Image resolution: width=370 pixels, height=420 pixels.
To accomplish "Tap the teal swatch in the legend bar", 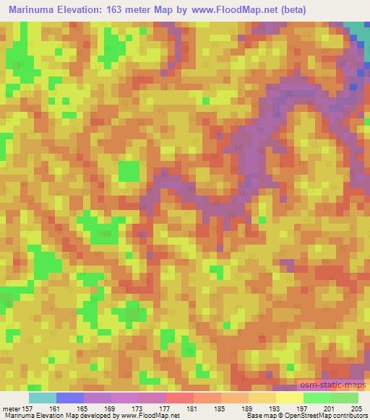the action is [x=43, y=398].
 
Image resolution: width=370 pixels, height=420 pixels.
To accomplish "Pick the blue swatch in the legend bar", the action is [x=70, y=398].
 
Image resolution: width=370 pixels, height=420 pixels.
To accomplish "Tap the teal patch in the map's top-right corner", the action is [x=359, y=30].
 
